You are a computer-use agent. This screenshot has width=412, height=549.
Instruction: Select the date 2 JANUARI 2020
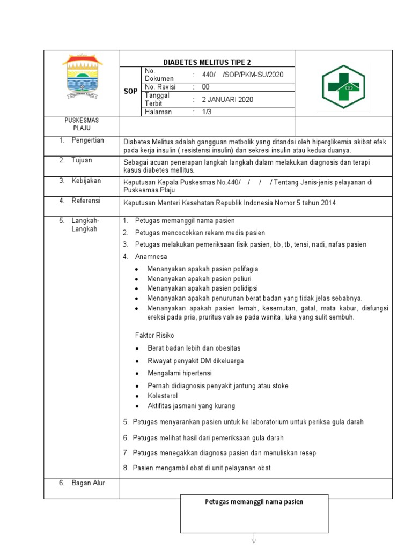coord(227,99)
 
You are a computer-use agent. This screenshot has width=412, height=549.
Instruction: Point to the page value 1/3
coord(207,112)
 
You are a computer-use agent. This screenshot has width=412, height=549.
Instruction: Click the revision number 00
coord(206,87)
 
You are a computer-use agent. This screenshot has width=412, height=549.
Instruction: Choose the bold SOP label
coord(130,92)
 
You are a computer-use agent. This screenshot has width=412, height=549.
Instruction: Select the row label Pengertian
coord(87,140)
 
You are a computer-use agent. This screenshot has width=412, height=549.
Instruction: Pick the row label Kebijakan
coord(86,181)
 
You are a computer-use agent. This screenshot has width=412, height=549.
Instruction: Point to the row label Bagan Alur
coord(88,483)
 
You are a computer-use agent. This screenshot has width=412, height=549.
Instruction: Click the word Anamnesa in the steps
coord(151,257)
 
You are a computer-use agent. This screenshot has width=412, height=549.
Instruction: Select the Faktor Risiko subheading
coord(154,335)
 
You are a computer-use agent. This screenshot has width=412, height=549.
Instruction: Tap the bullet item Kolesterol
coord(163,396)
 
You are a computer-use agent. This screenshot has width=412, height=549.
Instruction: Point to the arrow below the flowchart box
coord(254,540)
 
